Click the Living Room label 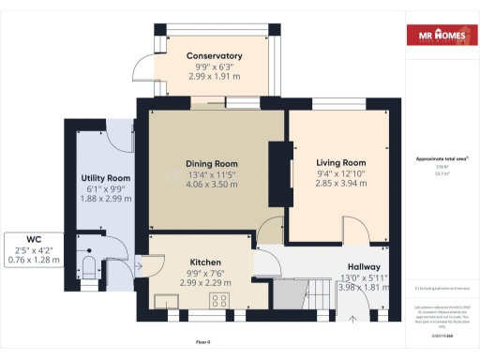340,161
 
